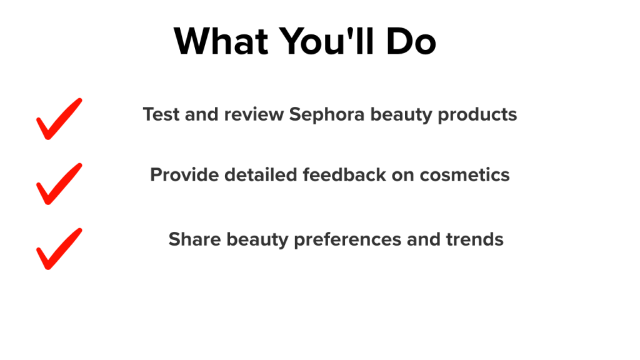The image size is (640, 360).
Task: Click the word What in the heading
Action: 221,41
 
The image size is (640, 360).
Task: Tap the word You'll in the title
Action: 326,41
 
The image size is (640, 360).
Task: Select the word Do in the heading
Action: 411,41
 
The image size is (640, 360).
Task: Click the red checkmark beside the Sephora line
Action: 59,119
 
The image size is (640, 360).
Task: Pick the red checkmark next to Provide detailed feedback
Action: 59,184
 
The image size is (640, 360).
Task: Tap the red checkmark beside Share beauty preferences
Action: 59,249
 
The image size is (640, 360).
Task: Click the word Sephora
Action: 326,115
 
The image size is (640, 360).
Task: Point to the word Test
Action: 161,114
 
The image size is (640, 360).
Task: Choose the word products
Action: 477,115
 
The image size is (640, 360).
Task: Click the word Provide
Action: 184,175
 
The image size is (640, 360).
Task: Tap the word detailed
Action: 261,175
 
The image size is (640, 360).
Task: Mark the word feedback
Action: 344,175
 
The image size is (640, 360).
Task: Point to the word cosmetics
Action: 464,175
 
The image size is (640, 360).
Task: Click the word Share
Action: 195,239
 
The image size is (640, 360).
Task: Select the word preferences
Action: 347,239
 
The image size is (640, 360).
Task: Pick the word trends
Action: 475,239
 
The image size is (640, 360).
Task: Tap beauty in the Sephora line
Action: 401,115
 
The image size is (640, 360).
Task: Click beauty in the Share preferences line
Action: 257,240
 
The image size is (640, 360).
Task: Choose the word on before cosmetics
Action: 403,176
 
